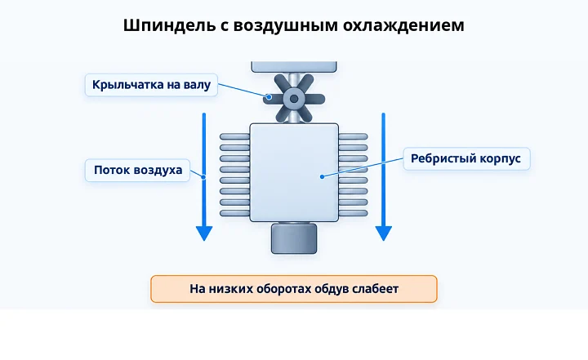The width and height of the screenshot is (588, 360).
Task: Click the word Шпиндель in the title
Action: coord(170,26)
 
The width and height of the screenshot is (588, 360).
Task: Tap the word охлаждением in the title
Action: coord(403,26)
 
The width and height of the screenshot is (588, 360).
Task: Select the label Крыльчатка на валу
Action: coord(152,85)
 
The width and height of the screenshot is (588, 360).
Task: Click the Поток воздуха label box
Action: coord(138,171)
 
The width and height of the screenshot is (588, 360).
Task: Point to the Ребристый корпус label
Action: coord(466,158)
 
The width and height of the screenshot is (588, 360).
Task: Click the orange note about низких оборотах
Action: coord(294,289)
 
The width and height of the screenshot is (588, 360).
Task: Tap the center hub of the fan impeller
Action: coord(294,99)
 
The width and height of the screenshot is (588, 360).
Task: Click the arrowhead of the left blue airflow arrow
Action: coord(204,233)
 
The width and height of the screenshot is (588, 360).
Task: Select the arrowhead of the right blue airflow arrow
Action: coord(384,233)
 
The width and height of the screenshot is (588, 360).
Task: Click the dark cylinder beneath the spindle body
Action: coord(294,238)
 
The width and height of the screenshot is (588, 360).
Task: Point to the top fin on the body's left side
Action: coord(234,136)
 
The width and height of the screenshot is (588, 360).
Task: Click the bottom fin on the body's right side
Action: coord(353,213)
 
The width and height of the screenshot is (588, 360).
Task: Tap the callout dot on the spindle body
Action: coord(322,176)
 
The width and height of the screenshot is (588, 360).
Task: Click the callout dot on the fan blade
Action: coord(269,97)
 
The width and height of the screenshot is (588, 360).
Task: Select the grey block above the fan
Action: coord(294,67)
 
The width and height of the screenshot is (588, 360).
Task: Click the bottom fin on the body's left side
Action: coord(234,213)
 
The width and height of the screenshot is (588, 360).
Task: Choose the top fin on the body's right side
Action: coord(353,136)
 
